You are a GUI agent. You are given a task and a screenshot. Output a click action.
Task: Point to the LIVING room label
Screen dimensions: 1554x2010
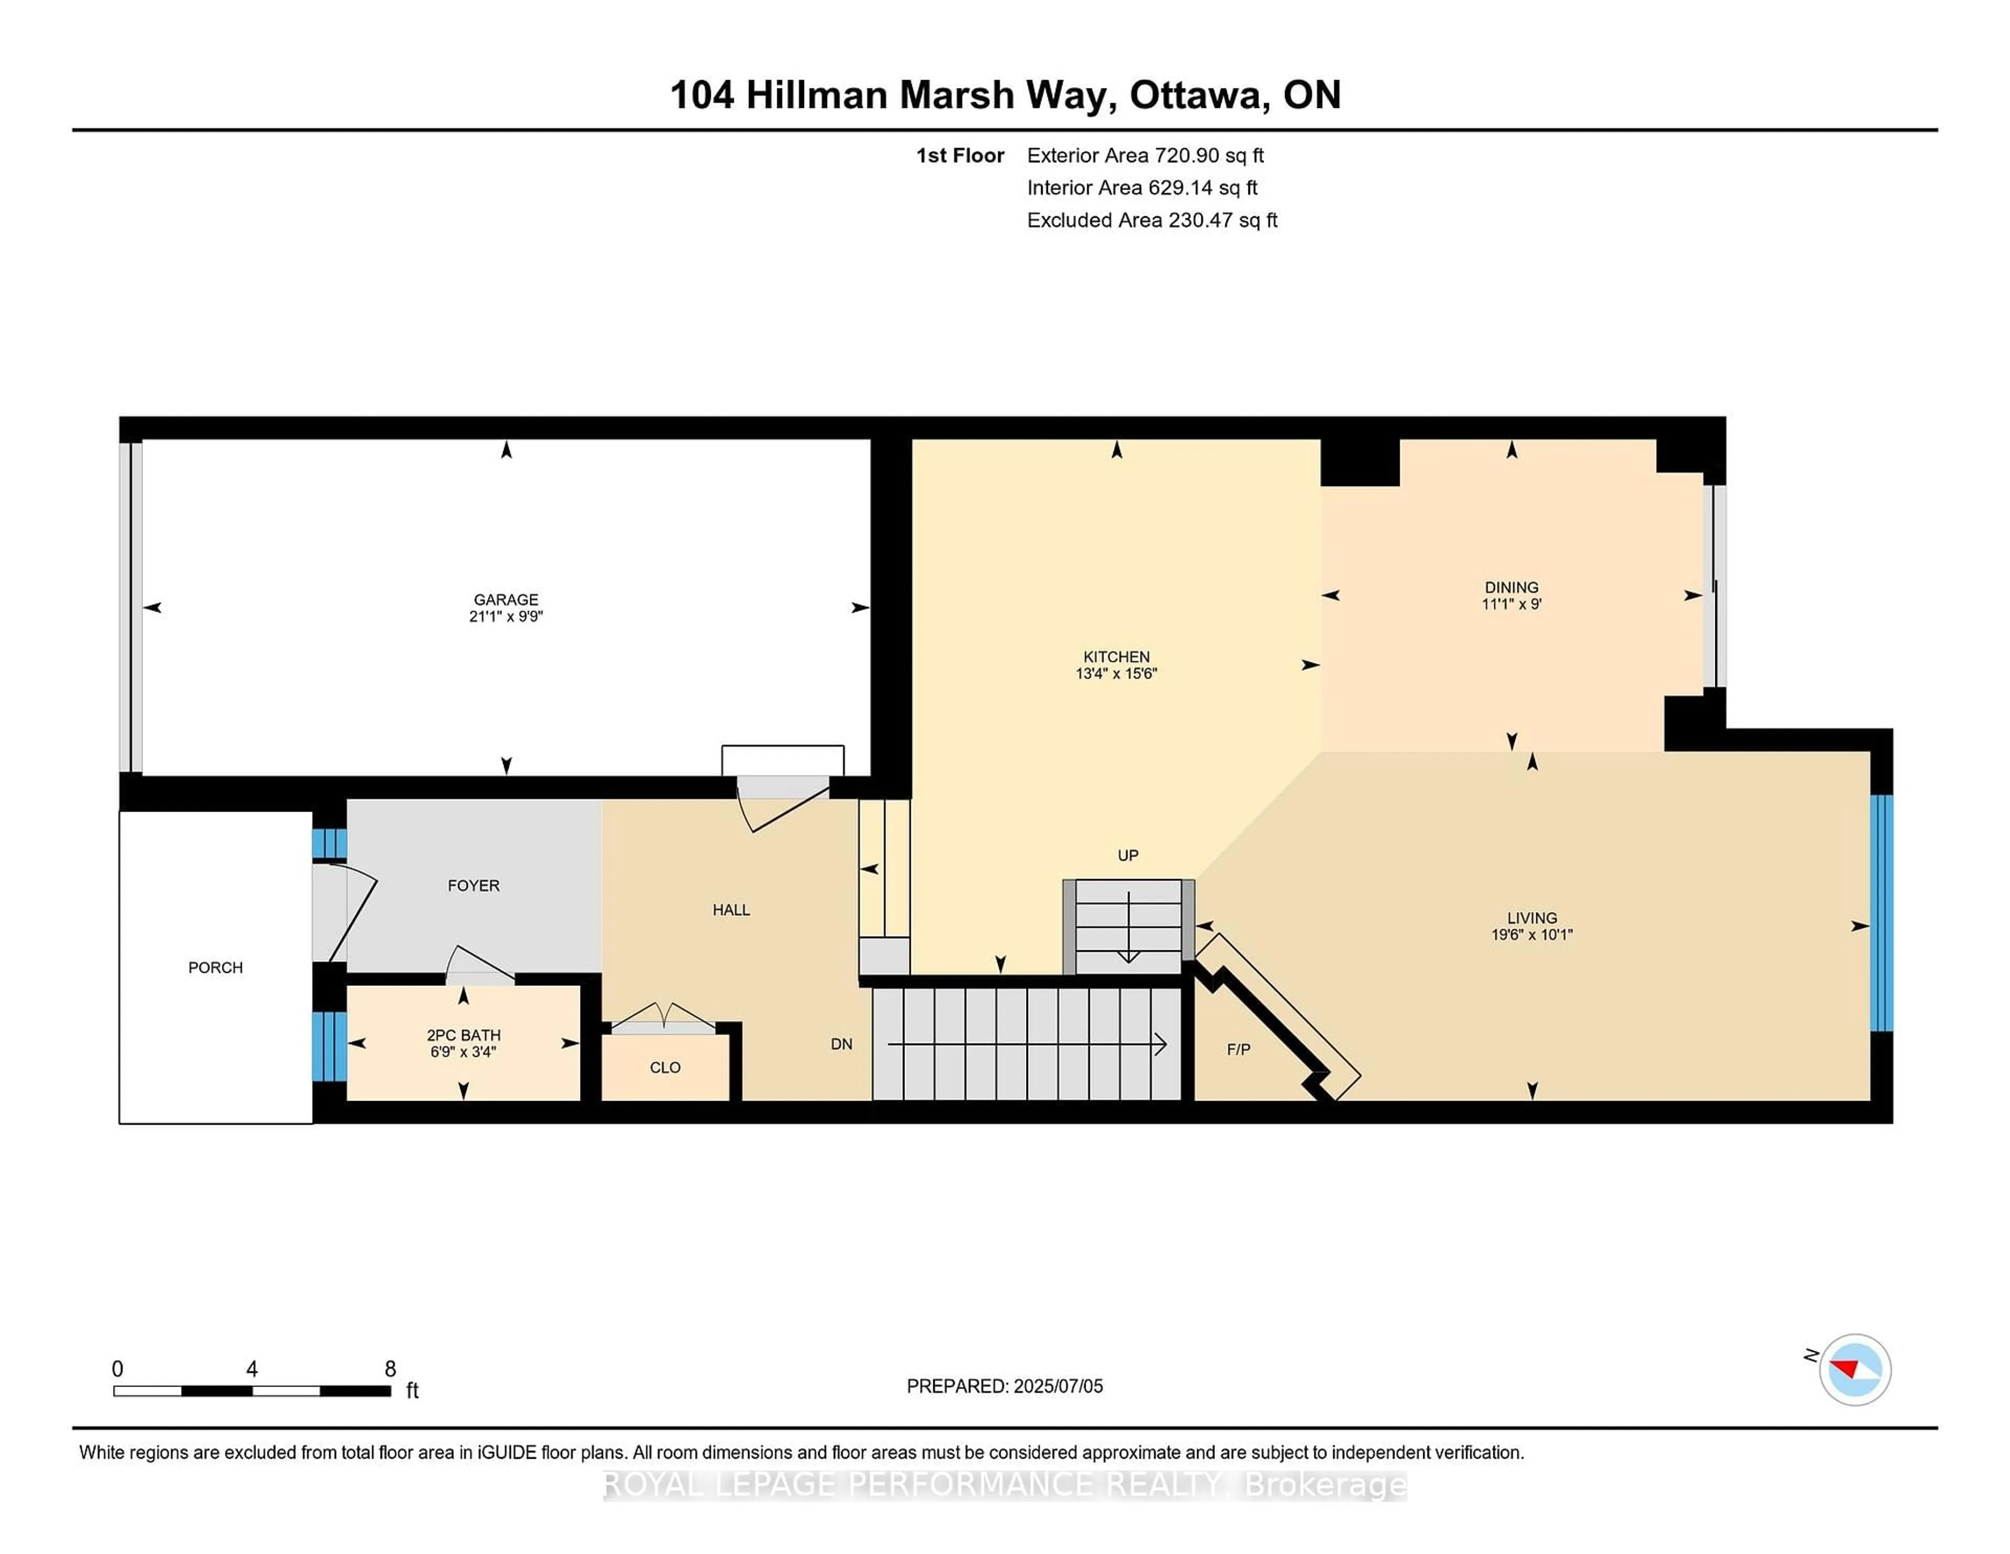[1532, 918]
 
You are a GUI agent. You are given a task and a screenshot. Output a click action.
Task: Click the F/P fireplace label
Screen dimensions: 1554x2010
[1238, 1049]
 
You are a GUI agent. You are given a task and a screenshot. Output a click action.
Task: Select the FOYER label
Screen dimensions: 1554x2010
[473, 885]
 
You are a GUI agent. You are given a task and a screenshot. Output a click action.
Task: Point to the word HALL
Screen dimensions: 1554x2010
[731, 909]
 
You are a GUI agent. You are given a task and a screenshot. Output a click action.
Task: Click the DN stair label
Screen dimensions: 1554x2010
[841, 1044]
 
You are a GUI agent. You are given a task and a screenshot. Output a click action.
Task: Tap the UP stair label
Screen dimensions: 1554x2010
[1127, 855]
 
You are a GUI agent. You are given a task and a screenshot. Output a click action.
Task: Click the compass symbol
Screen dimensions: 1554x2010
[1855, 1370]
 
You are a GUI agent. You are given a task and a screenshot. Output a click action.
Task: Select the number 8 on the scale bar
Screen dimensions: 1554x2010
[390, 1369]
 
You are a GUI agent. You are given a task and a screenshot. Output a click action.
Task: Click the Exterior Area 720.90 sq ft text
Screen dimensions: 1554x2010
[1145, 156]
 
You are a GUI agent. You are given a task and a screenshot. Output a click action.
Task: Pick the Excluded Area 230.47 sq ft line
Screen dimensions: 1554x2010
[1152, 220]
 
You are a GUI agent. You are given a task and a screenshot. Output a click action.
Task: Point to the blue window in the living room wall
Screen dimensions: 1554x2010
[1882, 912]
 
